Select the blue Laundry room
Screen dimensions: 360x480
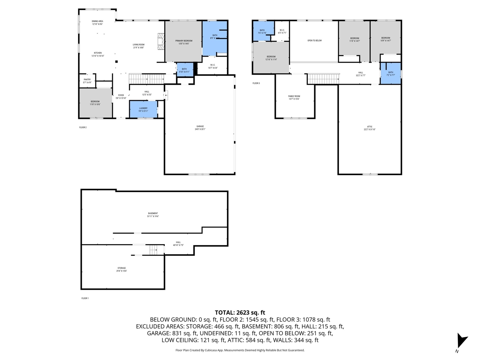143,109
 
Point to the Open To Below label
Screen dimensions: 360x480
314,40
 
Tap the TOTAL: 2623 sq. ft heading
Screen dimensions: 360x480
240,312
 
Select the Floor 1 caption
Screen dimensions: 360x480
85,298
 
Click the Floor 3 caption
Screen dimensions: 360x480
256,83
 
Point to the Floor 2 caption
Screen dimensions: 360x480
83,127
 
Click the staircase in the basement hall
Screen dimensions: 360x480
154,250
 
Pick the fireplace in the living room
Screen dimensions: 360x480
161,41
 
